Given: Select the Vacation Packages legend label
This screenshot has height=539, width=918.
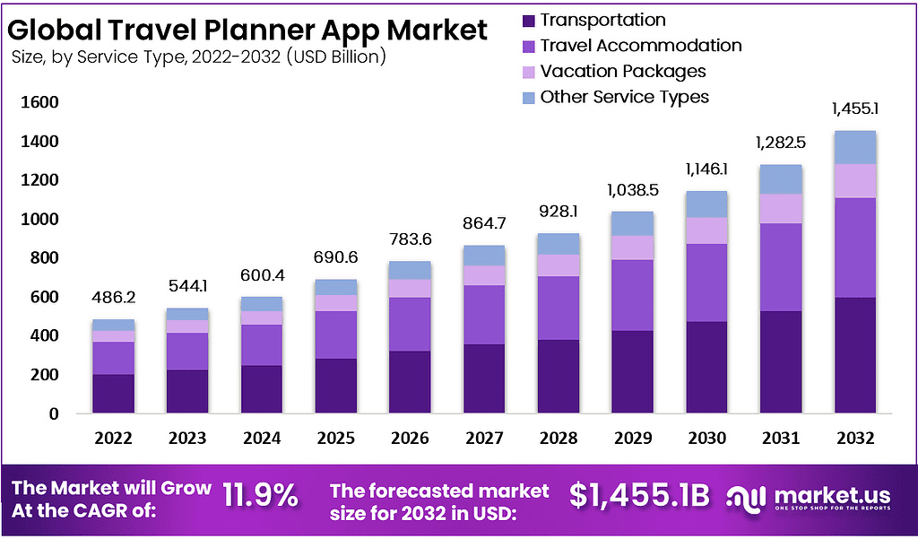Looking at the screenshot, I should [623, 71].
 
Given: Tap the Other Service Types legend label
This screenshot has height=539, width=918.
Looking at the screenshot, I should [624, 97].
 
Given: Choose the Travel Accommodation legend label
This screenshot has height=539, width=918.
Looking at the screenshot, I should [641, 46].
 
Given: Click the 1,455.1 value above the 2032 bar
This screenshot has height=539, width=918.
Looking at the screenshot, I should [854, 109].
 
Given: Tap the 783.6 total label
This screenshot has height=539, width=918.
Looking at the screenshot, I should [409, 241].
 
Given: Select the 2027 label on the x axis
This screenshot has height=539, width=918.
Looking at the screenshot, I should [483, 439].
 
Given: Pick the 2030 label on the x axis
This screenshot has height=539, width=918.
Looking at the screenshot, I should [706, 439].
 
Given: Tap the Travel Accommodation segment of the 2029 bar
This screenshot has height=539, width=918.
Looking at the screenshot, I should [632, 295].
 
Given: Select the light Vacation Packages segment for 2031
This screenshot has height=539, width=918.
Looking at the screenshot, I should [780, 208].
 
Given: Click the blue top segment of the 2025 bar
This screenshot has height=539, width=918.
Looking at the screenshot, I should [335, 287].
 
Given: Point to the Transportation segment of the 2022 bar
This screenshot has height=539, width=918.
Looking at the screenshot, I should [113, 394].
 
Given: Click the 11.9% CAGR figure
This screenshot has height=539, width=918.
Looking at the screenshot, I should [260, 495].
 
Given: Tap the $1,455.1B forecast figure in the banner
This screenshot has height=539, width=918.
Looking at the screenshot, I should [640, 495].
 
